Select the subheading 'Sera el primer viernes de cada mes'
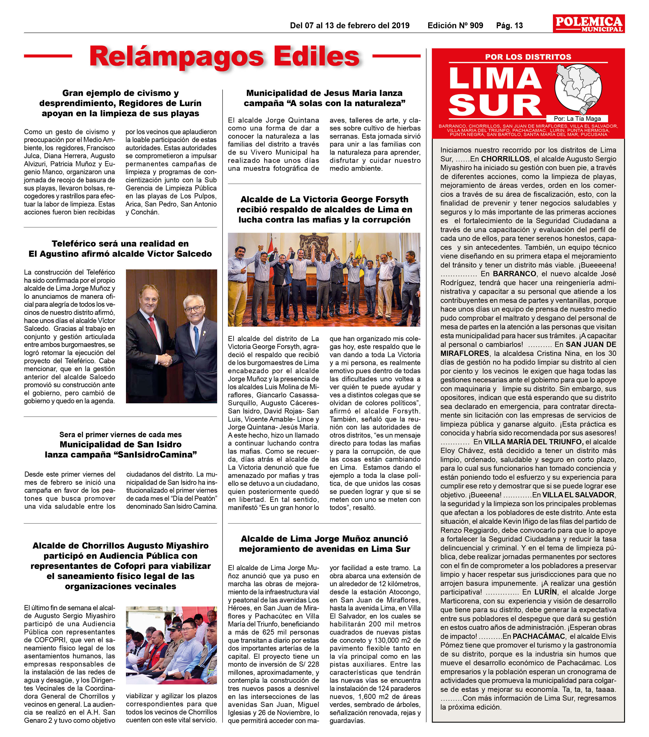(120, 435)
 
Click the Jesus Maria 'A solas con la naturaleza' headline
(324, 98)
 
